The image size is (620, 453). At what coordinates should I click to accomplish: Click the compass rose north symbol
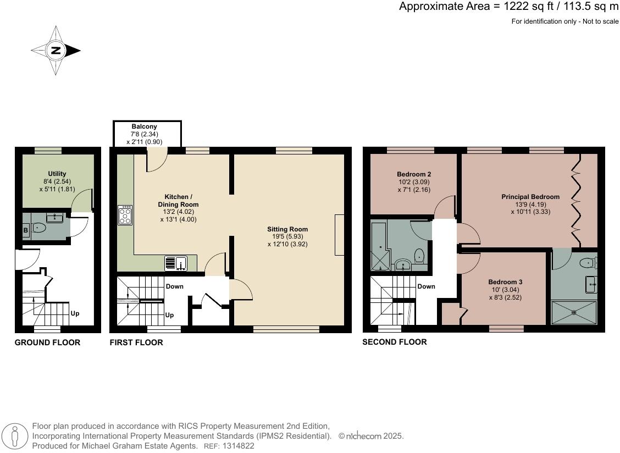56,51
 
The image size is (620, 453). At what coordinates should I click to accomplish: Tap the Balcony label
144,127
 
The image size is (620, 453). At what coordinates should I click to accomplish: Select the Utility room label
57,174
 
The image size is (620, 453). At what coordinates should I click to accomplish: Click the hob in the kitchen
125,215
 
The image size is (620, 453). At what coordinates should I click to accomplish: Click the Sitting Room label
287,229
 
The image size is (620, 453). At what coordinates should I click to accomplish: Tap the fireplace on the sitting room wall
340,235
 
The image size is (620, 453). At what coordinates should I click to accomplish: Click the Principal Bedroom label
530,196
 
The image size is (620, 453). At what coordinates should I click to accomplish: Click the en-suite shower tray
574,312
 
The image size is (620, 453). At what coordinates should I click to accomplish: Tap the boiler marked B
26,229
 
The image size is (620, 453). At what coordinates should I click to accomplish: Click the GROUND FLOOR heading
47,342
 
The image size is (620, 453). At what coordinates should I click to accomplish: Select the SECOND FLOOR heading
394,342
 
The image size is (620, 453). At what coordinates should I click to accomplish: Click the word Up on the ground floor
75,313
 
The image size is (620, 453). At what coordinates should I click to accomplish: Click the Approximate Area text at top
508,7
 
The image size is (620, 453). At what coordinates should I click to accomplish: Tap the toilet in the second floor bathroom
419,255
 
